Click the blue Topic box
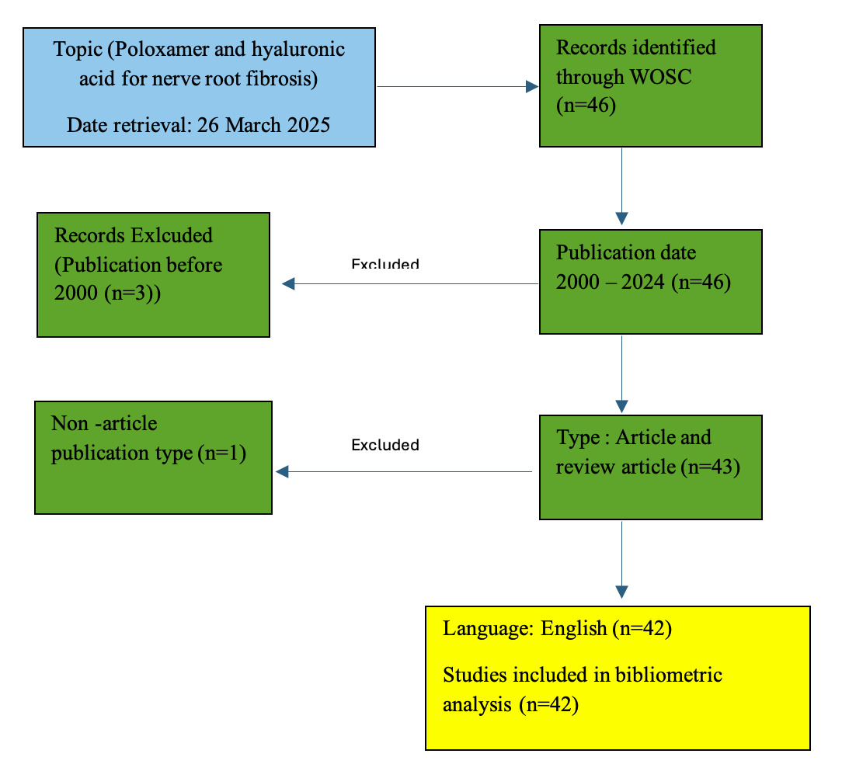coord(199,87)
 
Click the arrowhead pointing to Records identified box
coord(532,87)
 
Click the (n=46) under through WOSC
coord(586,105)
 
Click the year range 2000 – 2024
coord(610,282)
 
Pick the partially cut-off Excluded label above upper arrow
coord(384,264)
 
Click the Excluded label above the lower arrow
coord(384,445)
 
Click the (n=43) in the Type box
coord(710,467)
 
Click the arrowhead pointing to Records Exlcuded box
coord(289,284)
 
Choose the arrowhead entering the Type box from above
coord(621,406)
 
